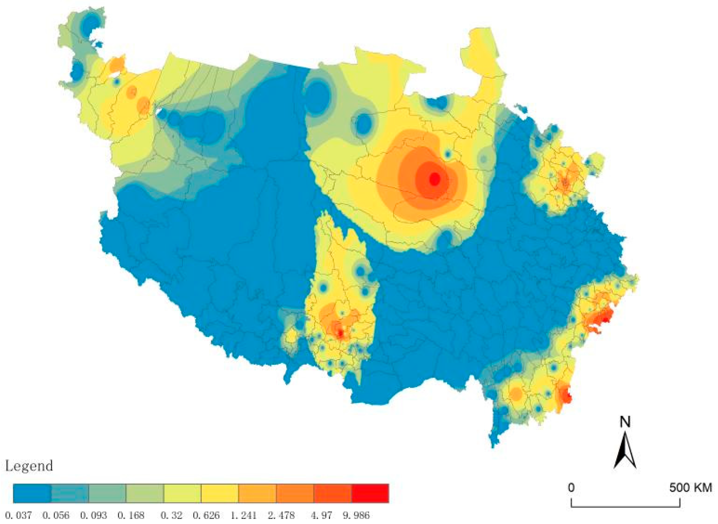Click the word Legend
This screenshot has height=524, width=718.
pyautogui.click(x=29, y=466)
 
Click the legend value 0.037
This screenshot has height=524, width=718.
pyautogui.click(x=18, y=515)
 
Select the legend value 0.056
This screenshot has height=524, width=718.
pyautogui.click(x=56, y=515)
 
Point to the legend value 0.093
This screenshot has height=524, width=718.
pyautogui.click(x=93, y=515)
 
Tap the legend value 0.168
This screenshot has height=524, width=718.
pyautogui.click(x=131, y=515)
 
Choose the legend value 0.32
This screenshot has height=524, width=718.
pyautogui.click(x=171, y=515)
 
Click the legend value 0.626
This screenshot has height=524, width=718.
pyautogui.click(x=206, y=515)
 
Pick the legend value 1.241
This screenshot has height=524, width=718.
pyautogui.click(x=243, y=515)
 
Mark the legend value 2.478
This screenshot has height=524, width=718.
pyautogui.click(x=281, y=515)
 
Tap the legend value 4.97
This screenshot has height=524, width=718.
pyautogui.click(x=321, y=515)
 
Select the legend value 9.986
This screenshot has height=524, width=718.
pyautogui.click(x=356, y=515)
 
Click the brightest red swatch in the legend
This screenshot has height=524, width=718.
pyautogui.click(x=370, y=493)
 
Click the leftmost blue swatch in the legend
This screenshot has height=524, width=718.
pyautogui.click(x=32, y=493)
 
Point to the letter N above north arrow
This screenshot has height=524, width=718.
pyautogui.click(x=625, y=422)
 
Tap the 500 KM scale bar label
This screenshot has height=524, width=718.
pyautogui.click(x=690, y=488)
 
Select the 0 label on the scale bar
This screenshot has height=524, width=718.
pyautogui.click(x=571, y=488)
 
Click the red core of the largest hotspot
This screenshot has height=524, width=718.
pyautogui.click(x=434, y=179)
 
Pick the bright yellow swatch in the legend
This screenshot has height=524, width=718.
pyautogui.click(x=219, y=493)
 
